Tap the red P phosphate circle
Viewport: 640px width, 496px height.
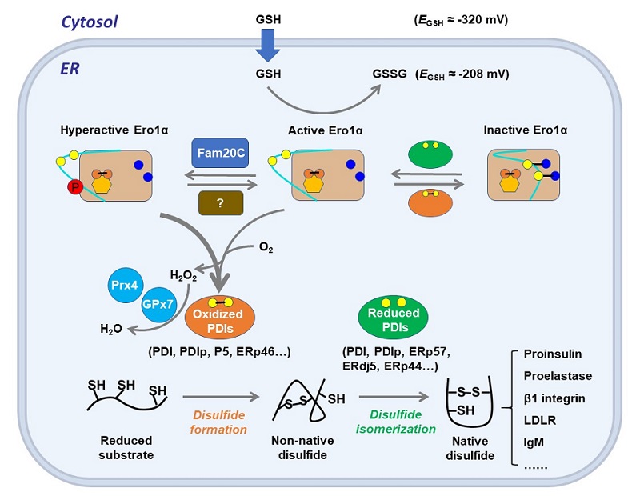tap(73, 188)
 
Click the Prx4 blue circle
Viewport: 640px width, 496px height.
tap(126, 286)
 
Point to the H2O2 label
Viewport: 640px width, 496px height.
tap(183, 276)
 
